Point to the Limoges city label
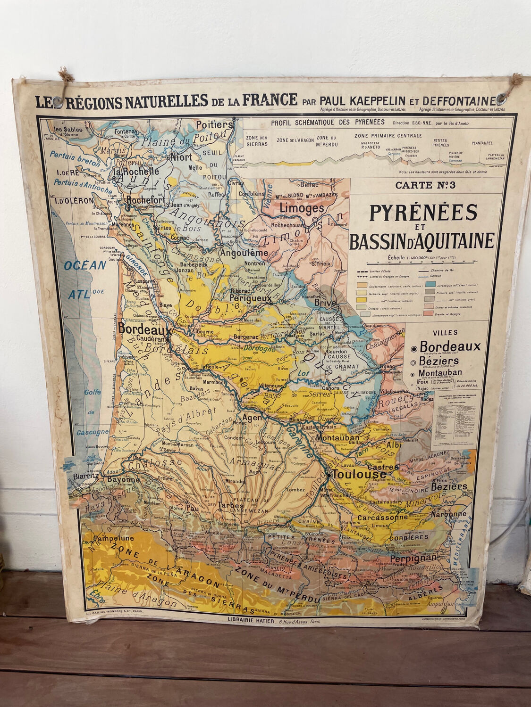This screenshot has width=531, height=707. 302,208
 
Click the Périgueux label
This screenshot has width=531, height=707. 251,298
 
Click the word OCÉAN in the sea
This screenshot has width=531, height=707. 86,265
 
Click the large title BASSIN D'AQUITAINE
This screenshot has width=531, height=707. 421,241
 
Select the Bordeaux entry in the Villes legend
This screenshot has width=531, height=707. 450,346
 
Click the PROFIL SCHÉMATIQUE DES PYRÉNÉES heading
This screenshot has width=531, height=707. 328,123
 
